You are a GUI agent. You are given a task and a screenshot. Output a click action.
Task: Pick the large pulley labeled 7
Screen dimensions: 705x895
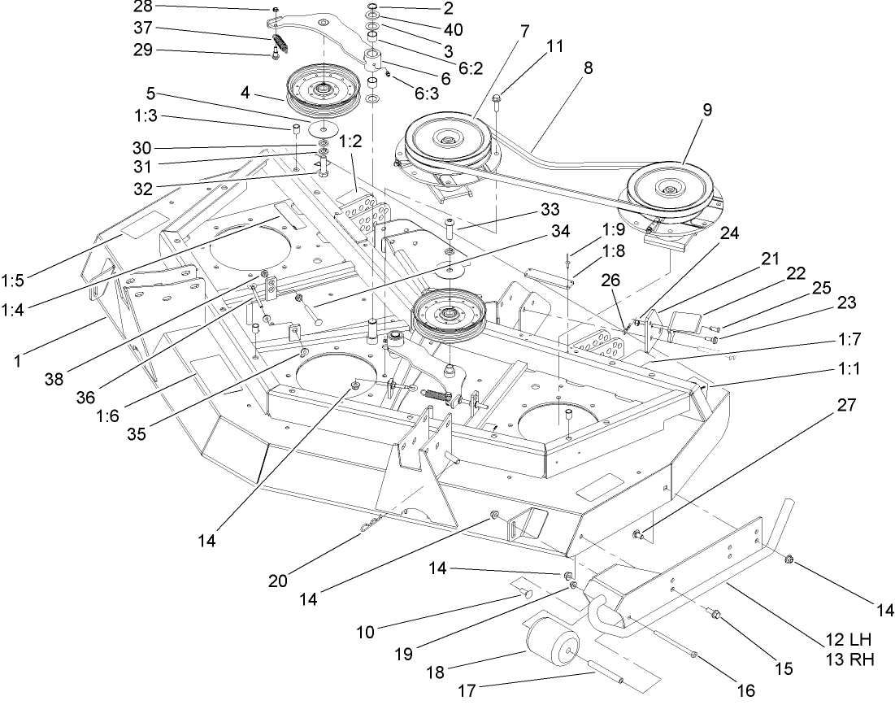coord(445,140)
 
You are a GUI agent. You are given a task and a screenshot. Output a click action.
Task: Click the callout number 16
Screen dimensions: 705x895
coord(744,690)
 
